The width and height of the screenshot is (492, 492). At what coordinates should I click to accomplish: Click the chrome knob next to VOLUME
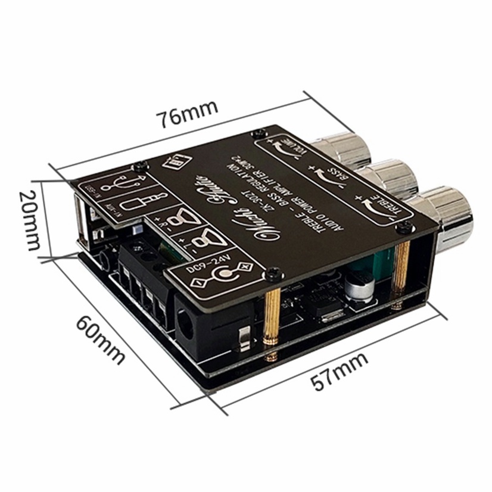click(x=346, y=149)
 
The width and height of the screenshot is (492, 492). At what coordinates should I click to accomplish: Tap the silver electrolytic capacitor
click(x=361, y=289)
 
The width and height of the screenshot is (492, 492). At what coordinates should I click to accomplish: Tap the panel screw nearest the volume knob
click(x=257, y=134)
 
